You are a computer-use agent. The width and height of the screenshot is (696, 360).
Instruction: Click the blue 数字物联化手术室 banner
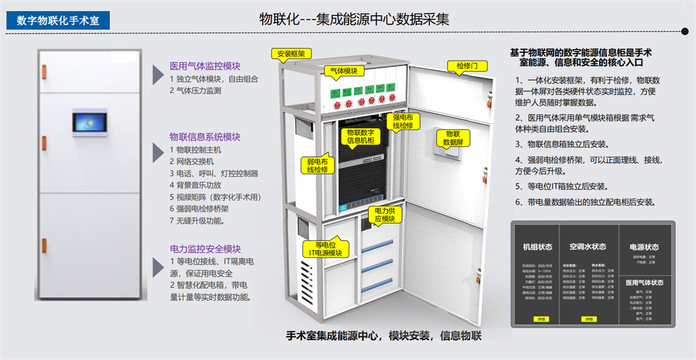58,20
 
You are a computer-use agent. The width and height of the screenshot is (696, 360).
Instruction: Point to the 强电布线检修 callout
403,121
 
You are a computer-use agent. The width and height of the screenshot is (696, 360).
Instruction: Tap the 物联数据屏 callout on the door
453,138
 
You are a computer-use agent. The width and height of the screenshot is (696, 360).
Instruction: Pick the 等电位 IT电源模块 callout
325,248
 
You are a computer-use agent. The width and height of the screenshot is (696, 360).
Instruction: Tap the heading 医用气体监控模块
205,66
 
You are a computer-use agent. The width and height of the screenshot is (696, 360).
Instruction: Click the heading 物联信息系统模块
205,137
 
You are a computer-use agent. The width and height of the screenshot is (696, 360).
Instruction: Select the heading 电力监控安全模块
205,249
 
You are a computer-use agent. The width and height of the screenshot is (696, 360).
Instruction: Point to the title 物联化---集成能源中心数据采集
354,19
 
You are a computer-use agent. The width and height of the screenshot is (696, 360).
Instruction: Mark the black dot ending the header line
685,30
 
